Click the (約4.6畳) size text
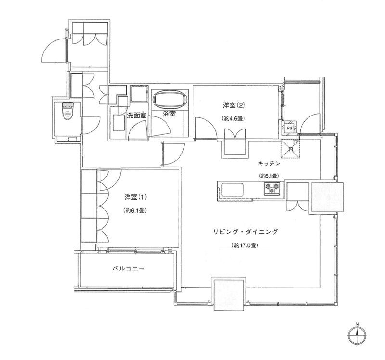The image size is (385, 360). [234, 118]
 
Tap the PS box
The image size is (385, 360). [289, 128]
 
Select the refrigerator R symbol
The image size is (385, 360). [290, 148]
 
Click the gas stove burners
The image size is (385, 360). [272, 188]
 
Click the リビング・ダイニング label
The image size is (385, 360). [245, 232]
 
